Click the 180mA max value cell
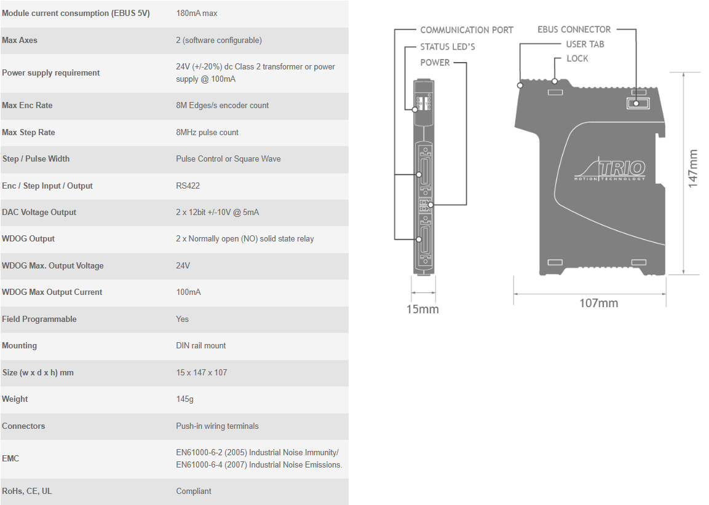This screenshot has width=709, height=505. [197, 14]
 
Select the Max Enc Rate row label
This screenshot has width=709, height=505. [27, 105]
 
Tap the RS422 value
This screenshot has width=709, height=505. [188, 186]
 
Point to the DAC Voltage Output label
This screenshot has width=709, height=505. [39, 213]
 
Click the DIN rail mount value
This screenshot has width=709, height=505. [200, 345]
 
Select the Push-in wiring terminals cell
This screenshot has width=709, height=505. [218, 426]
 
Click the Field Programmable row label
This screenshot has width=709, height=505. [39, 319]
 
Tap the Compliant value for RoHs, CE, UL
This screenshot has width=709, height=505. [194, 491]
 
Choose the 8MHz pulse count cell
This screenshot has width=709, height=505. [207, 132]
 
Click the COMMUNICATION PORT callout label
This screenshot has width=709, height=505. [467, 30]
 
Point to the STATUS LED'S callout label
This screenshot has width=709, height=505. [448, 47]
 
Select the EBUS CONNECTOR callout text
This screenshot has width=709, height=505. [574, 30]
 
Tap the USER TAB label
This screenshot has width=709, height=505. [585, 44]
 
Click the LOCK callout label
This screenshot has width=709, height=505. [577, 59]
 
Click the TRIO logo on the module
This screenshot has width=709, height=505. [610, 170]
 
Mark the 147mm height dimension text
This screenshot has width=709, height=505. [693, 168]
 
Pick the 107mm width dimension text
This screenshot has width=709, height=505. [599, 303]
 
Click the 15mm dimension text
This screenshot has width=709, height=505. [422, 310]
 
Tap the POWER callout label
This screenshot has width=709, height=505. [435, 63]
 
